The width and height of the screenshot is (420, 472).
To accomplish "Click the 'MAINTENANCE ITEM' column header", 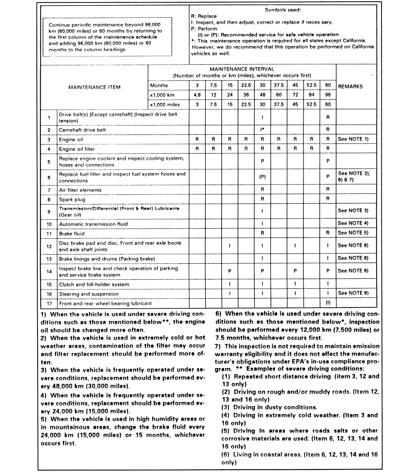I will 94,87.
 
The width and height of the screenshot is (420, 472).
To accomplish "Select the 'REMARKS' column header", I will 350,87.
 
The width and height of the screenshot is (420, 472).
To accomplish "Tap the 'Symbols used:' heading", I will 283,10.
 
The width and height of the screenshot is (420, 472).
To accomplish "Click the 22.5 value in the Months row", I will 246,85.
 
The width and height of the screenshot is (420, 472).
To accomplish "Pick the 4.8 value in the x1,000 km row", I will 197,95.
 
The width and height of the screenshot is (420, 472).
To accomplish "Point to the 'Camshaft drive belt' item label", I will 82,130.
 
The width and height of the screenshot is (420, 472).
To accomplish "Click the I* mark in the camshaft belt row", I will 262,129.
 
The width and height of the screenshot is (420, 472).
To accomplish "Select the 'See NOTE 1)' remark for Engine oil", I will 353,139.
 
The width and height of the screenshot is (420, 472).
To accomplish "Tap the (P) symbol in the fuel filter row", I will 262,177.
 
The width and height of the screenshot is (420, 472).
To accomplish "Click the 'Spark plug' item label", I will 72,200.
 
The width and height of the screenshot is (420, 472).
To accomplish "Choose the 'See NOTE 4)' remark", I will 353,223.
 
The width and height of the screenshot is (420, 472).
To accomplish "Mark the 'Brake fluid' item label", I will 72,234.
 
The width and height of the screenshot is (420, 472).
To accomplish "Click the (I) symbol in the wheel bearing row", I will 328,303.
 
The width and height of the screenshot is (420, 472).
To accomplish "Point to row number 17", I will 49,304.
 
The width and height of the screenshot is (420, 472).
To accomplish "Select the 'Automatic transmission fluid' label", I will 93,225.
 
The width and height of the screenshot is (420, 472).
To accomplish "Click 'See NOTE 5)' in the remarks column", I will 353,233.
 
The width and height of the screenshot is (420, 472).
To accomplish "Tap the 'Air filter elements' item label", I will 80,190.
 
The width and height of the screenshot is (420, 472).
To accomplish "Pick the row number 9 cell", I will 49,212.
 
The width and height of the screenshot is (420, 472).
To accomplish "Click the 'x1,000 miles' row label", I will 165,105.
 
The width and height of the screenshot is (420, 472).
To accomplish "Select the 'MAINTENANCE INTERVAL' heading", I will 242,69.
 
